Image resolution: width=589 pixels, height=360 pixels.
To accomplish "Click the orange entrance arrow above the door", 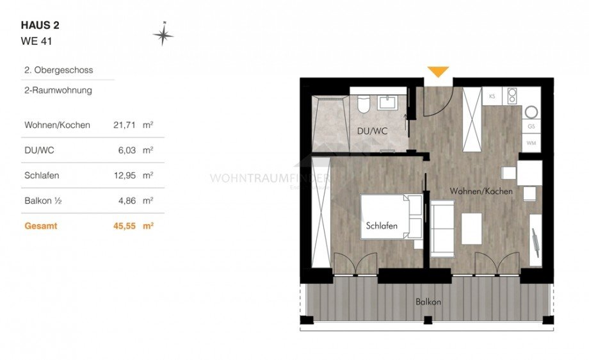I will click(x=438, y=72).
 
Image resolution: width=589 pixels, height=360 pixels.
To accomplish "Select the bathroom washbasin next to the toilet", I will click(x=387, y=102).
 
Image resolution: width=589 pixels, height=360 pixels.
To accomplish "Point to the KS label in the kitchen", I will click(x=492, y=96).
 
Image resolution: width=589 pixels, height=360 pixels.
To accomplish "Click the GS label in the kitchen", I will click(x=531, y=127).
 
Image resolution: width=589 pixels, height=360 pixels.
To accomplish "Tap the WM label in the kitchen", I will click(x=531, y=143).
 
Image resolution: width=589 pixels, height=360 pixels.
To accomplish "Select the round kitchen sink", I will click(x=531, y=112).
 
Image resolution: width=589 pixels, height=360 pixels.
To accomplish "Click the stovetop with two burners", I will click(x=512, y=96).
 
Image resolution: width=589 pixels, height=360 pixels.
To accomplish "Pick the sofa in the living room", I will click(x=442, y=228).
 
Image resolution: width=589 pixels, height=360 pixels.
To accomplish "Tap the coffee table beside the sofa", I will click(x=472, y=229).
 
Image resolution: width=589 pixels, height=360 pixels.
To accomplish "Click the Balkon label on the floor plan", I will click(x=428, y=301).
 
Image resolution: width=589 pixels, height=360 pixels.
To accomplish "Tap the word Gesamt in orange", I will click(x=40, y=225).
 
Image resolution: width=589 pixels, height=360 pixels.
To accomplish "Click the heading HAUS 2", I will click(x=40, y=26).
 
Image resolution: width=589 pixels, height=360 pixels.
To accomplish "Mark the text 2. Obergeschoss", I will click(x=54, y=70).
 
